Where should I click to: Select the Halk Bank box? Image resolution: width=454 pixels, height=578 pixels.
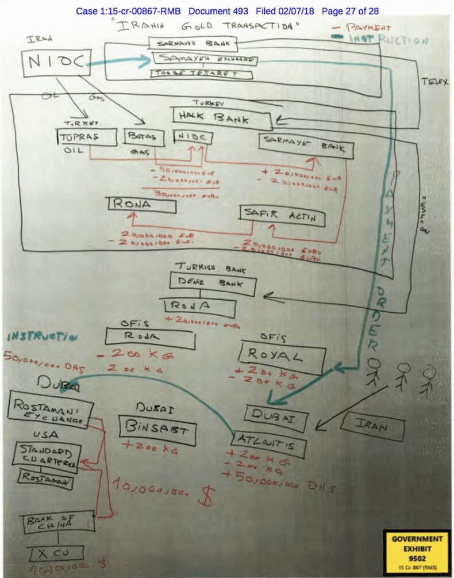click(x=222, y=118)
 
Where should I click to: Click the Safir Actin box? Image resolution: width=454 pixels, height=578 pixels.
click(x=282, y=217)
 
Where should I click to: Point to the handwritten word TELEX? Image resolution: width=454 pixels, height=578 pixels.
click(x=434, y=82)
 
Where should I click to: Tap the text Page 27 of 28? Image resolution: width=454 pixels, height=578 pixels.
click(x=350, y=11)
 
